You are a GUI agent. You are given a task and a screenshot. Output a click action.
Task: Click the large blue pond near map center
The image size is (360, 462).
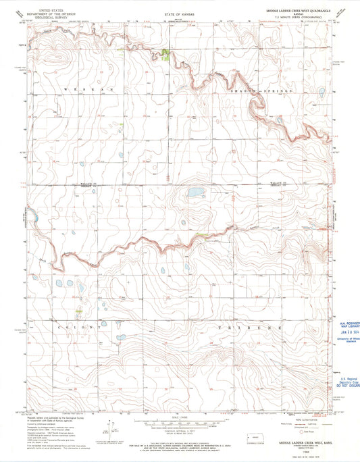pyautogui.click(x=196, y=192)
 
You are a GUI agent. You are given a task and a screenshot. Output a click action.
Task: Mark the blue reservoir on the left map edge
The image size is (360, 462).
pyautogui.click(x=30, y=215)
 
